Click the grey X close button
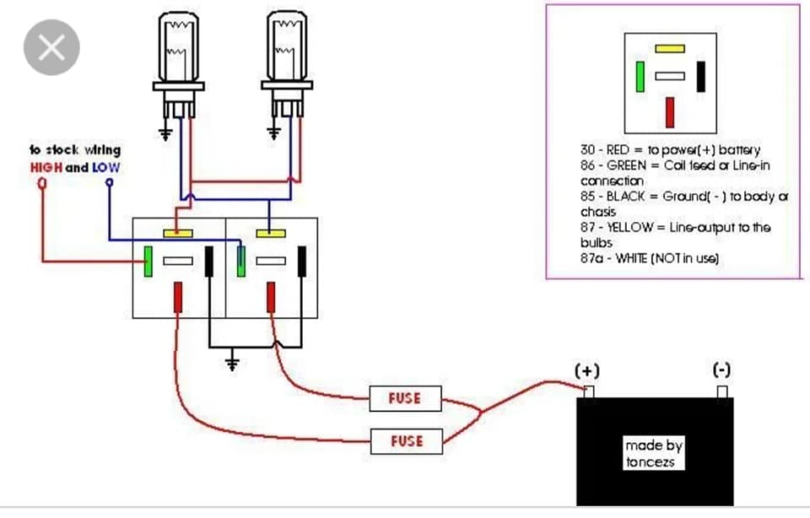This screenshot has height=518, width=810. [51, 47]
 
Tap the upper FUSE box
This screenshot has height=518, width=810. [406, 398]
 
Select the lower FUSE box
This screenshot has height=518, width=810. [407, 441]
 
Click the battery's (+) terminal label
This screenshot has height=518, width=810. [587, 371]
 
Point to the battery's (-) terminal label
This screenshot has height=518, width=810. [721, 370]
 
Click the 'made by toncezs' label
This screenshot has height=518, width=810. [653, 453]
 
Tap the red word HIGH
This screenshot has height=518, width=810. [46, 167]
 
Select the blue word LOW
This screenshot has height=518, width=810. [106, 167]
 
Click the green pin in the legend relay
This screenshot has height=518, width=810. [640, 77]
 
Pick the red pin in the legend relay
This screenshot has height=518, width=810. [670, 112]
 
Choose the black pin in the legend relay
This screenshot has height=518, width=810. [701, 77]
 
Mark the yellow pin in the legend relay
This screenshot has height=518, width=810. [670, 49]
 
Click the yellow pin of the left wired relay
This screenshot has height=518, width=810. [178, 234]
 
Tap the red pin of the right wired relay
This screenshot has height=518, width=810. [271, 298]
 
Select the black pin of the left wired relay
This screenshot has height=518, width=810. [209, 262]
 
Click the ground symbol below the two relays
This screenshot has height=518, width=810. [233, 364]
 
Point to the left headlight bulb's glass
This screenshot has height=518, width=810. [179, 46]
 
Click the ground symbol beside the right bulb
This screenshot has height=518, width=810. [273, 133]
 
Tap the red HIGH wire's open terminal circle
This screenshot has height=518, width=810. [42, 183]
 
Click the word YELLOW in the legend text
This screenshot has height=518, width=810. [629, 227]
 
